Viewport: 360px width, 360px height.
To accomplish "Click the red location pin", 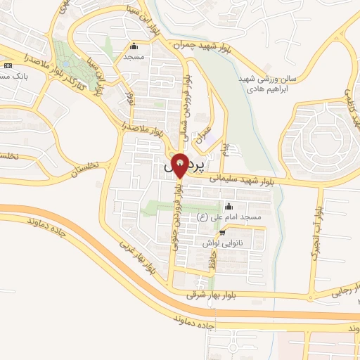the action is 180,164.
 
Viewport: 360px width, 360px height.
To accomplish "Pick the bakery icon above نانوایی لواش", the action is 222,233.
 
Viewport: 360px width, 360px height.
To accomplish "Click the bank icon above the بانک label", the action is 8,64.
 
